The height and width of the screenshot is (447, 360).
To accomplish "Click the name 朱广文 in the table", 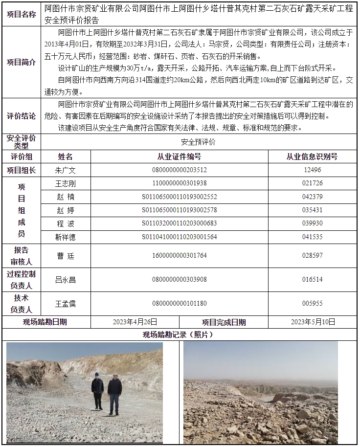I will tap(66, 170).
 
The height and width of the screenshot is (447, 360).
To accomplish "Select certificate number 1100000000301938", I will tap(179, 183).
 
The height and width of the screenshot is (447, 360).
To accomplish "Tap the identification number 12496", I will tap(312, 170).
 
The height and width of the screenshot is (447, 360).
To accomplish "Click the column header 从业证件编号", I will tap(179, 157).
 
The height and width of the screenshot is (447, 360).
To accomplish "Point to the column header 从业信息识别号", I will tap(312, 157).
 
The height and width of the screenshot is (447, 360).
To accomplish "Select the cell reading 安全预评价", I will tap(198, 142).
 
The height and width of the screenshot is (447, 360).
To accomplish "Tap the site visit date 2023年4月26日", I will tap(135, 322).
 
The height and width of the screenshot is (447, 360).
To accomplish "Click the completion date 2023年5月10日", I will tap(313, 322).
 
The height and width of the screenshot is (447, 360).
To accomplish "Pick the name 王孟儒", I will tap(66, 304).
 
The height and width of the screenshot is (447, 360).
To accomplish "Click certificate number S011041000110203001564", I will tap(179, 237).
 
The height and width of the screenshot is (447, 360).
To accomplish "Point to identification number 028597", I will tap(312, 256).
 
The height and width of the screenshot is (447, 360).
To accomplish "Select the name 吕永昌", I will tap(66, 280).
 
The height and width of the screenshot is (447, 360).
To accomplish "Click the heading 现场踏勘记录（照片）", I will tap(179, 335).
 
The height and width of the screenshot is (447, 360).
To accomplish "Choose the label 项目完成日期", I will tap(224, 322).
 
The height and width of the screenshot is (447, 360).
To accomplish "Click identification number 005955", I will tap(312, 304).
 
